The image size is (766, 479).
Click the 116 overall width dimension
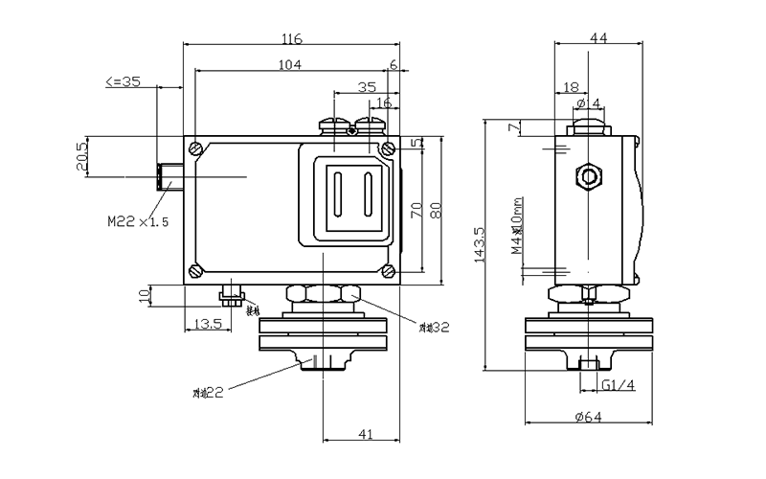[292, 39]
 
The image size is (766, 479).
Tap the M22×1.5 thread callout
[138, 221]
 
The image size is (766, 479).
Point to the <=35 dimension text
[122, 82]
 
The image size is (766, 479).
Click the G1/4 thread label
[619, 385]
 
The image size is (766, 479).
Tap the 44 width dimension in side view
[598, 38]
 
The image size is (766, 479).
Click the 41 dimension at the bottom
[365, 435]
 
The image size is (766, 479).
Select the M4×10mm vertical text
[516, 229]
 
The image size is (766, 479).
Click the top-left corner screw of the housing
[195, 148]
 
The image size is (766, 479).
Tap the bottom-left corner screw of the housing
[195, 270]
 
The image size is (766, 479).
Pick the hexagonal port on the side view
[587, 176]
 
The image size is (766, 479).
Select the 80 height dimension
[436, 211]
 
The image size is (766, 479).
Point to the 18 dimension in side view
[570, 86]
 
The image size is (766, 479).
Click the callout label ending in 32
[435, 328]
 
